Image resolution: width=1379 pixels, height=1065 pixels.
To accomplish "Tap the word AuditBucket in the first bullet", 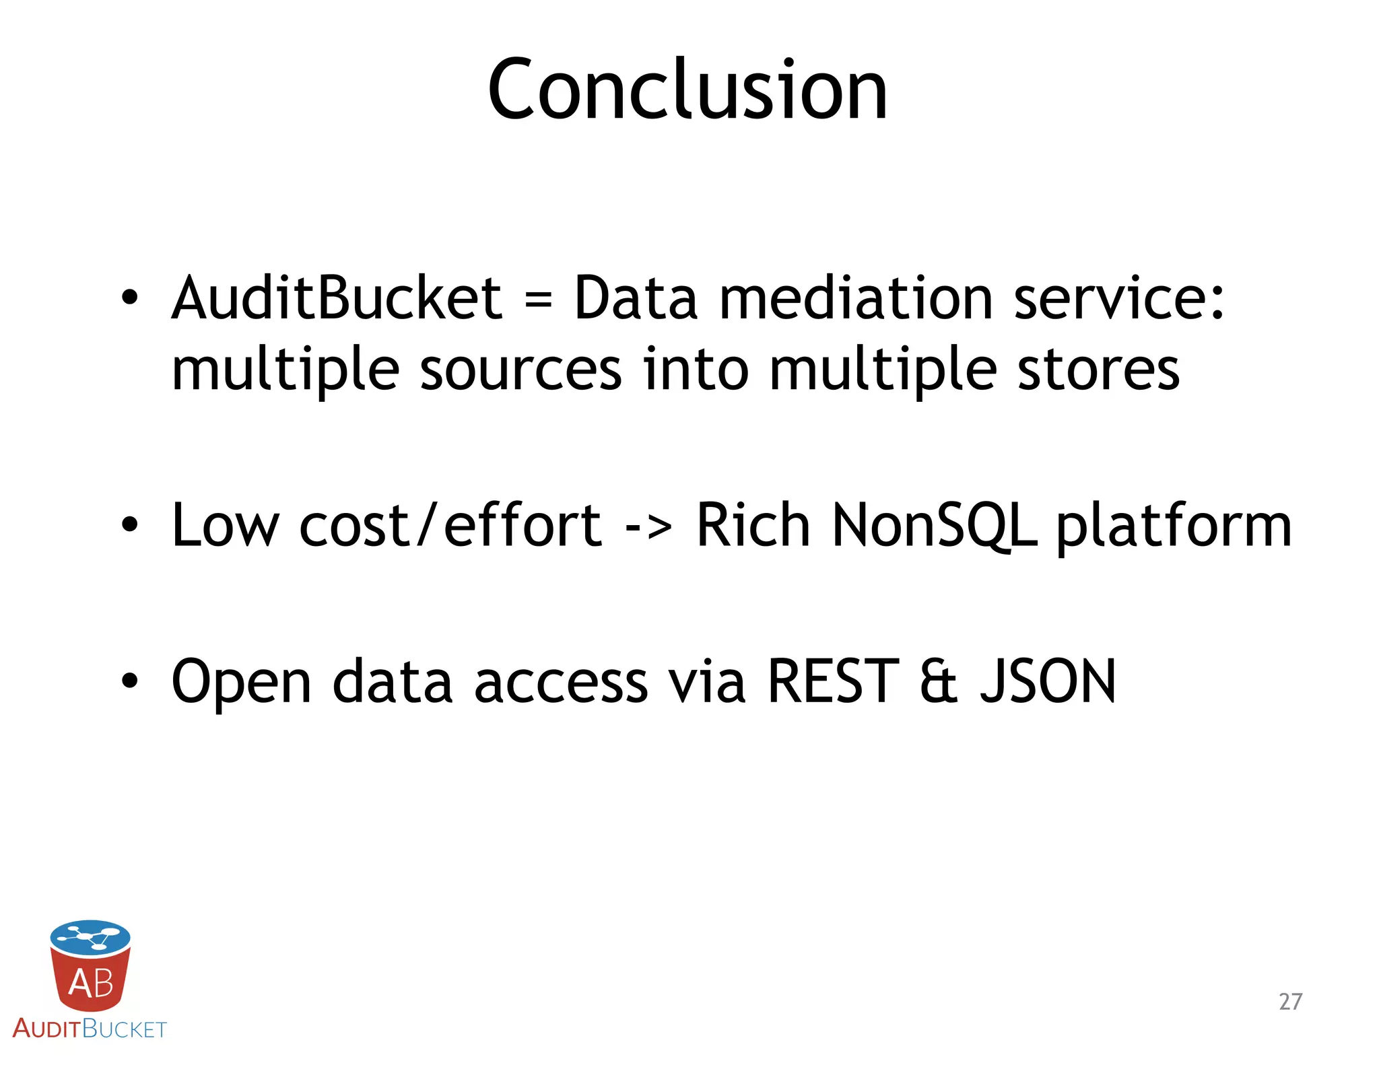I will pos(337,298).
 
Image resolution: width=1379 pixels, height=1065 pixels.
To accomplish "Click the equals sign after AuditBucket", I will pos(538,300).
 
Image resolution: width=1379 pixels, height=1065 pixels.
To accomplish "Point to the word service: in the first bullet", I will pos(1118,298).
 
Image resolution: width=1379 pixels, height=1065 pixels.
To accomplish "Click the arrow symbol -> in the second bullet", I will pos(648,526).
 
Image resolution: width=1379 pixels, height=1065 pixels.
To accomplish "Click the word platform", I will pos(1174,526).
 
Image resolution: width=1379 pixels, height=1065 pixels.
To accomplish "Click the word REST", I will pos(833,681).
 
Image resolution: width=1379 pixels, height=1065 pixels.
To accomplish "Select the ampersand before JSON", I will pos(939,681).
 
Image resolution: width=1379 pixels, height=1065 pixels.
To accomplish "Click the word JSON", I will pos(1048,681).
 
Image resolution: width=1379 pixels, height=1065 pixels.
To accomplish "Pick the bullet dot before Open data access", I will pos(129,681).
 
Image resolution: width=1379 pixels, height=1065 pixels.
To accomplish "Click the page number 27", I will pos(1290,1001).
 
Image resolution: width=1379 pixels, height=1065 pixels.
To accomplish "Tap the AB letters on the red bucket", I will pos(91,983).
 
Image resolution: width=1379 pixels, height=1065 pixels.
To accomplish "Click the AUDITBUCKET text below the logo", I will pos(90,1029).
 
